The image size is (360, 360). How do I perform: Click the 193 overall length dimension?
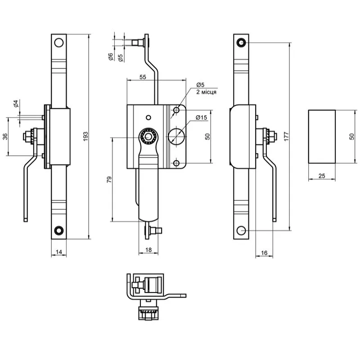[x=85, y=135]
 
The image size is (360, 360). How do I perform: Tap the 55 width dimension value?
[x=143, y=77]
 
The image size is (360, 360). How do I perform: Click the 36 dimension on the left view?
[x=5, y=136]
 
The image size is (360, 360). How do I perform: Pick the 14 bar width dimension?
[x=58, y=253]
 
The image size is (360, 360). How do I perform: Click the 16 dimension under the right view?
[x=264, y=253]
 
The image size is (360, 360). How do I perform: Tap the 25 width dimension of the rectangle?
[x=321, y=176]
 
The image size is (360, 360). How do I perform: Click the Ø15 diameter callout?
[x=201, y=117]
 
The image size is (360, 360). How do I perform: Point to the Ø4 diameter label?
[x=15, y=104]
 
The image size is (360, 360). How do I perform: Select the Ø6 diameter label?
[x=110, y=57]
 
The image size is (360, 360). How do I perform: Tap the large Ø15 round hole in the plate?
[x=177, y=135]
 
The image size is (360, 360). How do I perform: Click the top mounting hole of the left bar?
[x=58, y=43]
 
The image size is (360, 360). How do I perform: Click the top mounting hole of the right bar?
[x=242, y=43]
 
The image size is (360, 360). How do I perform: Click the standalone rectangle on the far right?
[x=321, y=136]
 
